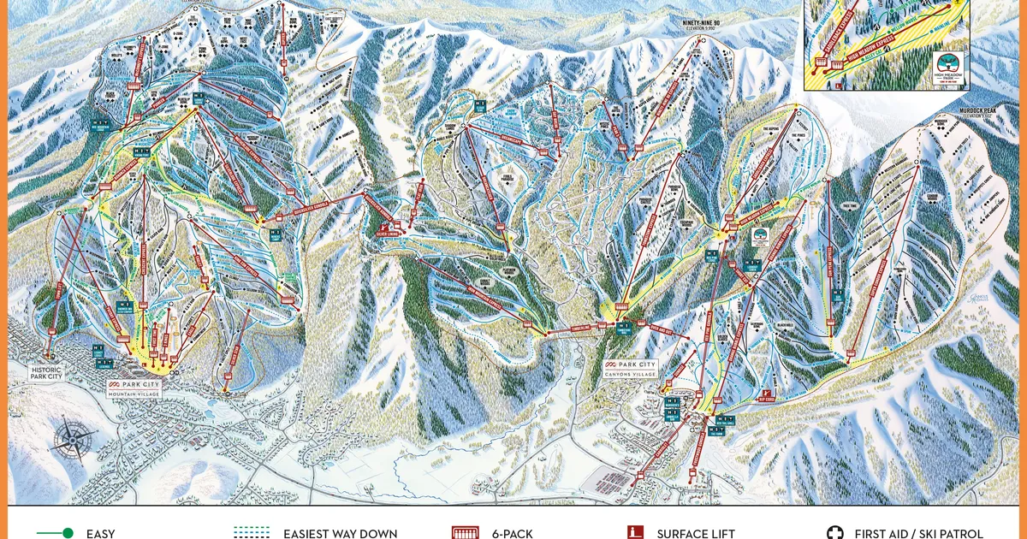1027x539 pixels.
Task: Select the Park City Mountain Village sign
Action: (134, 387)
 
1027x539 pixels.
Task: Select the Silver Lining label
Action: (390, 231)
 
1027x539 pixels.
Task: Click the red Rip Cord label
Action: (766, 398)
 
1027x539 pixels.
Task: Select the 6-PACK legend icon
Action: (466, 533)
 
